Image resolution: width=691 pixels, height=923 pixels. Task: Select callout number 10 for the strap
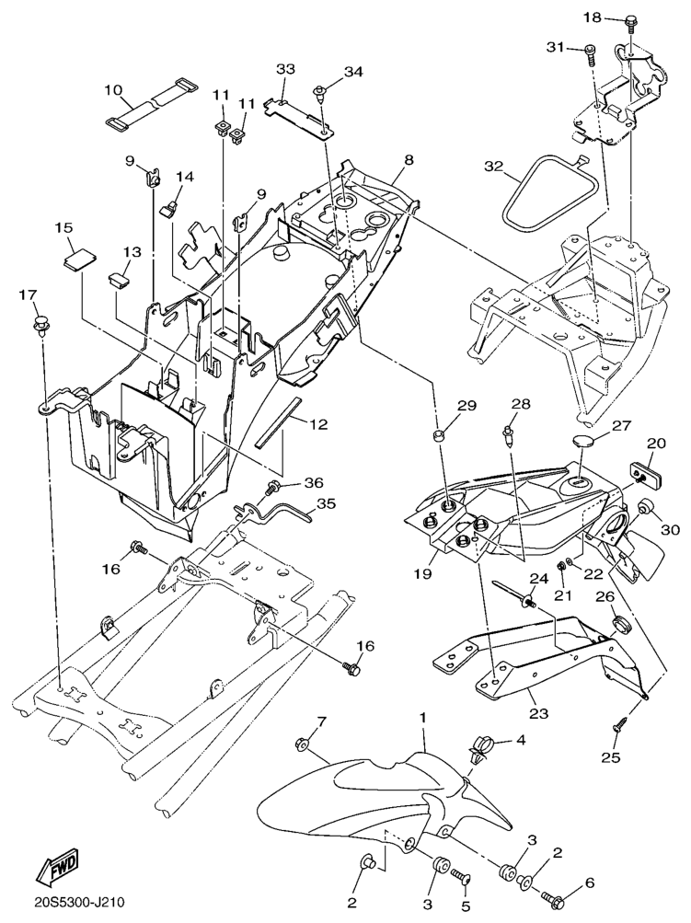[112, 90]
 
